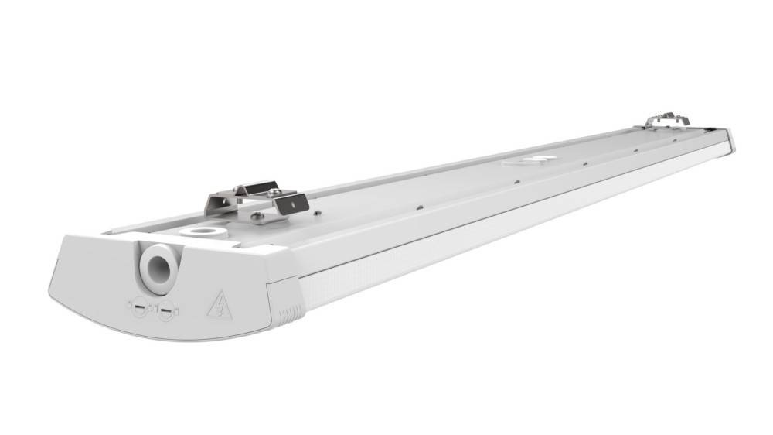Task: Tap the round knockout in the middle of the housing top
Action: point(533,160)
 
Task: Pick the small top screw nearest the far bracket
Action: point(635,151)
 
